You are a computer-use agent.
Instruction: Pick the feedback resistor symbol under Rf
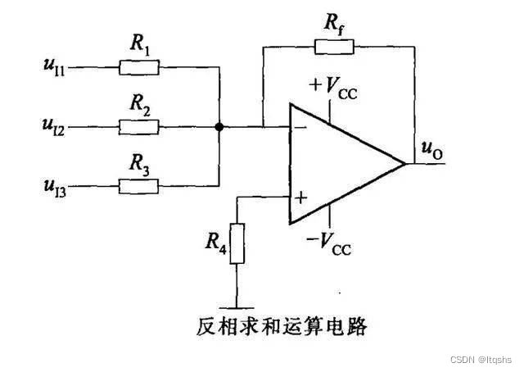335,47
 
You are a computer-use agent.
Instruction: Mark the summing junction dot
219,127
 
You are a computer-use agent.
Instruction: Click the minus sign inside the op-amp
300,127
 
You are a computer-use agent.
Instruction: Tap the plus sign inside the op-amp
300,197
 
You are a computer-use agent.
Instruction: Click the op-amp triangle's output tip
405,163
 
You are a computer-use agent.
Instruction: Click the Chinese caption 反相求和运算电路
281,327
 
